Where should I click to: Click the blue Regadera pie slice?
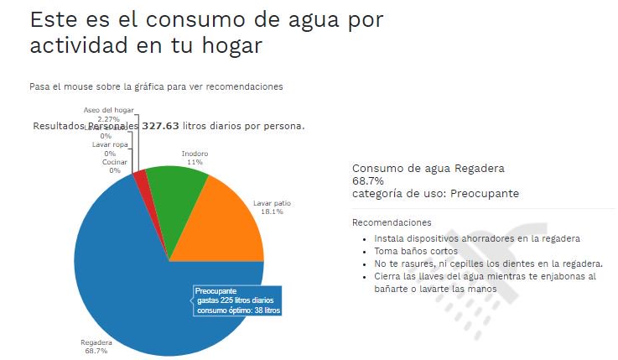coord(126,269)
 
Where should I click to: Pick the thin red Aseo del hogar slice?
coord(141,175)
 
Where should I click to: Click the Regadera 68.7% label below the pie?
coord(96,346)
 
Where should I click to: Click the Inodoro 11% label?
coord(195,158)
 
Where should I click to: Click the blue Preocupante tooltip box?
coord(238,301)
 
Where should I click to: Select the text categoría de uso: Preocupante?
coord(435,193)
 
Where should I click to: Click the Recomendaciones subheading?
coord(392,222)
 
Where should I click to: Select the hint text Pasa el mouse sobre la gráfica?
coord(155,86)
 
